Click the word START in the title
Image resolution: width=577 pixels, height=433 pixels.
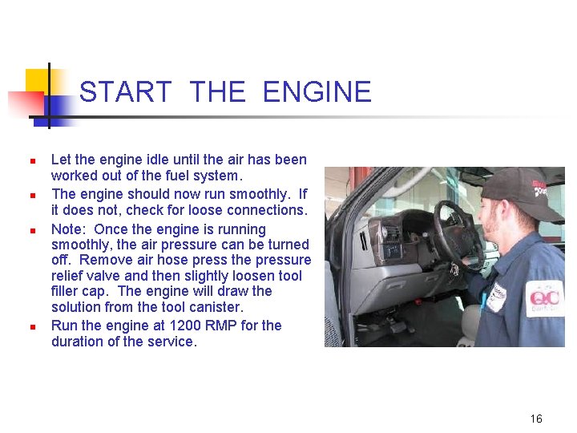[x=126, y=92]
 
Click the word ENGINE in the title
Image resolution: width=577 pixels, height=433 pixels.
[x=317, y=92]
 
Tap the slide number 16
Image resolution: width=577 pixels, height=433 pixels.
[x=536, y=419]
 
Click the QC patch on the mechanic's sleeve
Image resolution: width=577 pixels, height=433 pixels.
[x=546, y=297]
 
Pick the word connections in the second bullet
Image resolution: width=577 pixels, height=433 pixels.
[x=268, y=210]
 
